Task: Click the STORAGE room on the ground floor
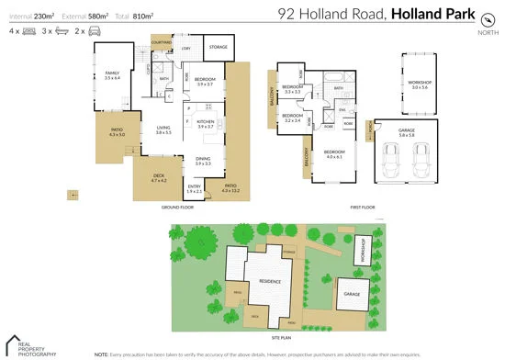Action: [x=218, y=46]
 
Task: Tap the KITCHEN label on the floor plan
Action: [x=205, y=122]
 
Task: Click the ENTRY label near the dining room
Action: [x=195, y=188]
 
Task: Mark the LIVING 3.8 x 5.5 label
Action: [x=163, y=130]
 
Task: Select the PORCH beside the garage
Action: [x=369, y=137]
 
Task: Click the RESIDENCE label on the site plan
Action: [x=269, y=281]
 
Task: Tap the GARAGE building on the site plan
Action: [x=351, y=294]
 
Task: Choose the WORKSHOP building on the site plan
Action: [x=363, y=251]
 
